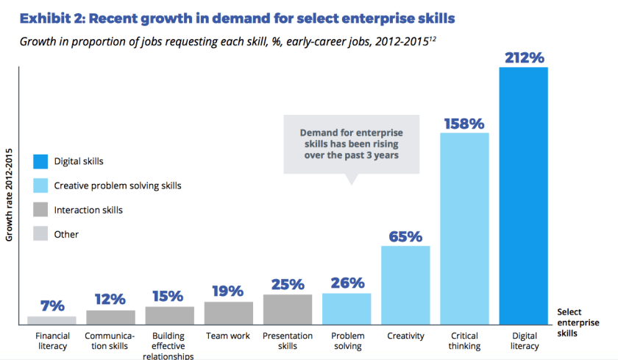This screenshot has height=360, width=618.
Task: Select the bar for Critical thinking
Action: pyautogui.click(x=464, y=228)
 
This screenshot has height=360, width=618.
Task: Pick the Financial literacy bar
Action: pyautogui.click(x=51, y=320)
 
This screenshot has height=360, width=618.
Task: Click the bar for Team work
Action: pyautogui.click(x=228, y=313)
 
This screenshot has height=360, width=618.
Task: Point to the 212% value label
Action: pyautogui.click(x=524, y=56)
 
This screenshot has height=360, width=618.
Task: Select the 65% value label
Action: pyautogui.click(x=405, y=236)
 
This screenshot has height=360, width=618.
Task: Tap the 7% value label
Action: pyautogui.click(x=51, y=306)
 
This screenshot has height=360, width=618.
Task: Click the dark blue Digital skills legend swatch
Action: pyautogui.click(x=40, y=160)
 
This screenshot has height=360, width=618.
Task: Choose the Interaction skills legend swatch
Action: pyautogui.click(x=40, y=210)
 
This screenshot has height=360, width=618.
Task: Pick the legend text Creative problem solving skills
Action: pyautogui.click(x=118, y=186)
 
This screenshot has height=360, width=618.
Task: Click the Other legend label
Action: pyautogui.click(x=66, y=234)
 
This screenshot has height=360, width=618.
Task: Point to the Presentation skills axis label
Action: pyautogui.click(x=287, y=341)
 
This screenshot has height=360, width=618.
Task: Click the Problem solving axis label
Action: pyautogui.click(x=347, y=341)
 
